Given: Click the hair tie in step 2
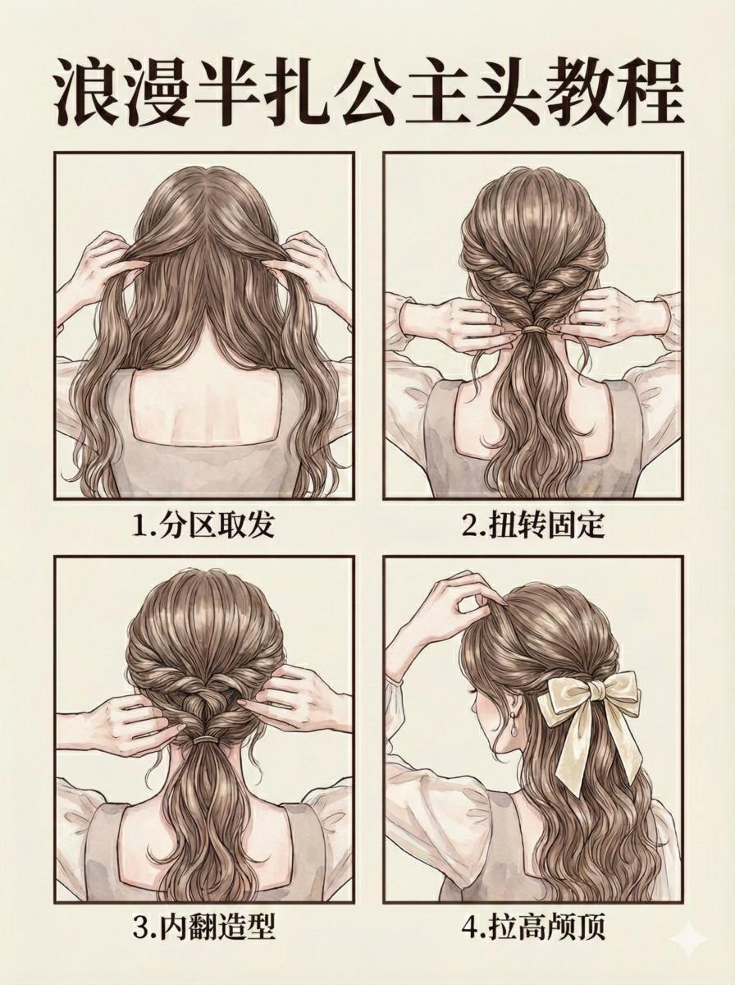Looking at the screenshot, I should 535,329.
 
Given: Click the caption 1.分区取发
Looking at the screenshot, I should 203,525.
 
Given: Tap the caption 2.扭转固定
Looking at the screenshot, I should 533,525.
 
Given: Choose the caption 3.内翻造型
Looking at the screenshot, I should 203,927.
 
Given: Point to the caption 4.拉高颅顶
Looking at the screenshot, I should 533,927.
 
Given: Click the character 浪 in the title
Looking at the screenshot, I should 89,93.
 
